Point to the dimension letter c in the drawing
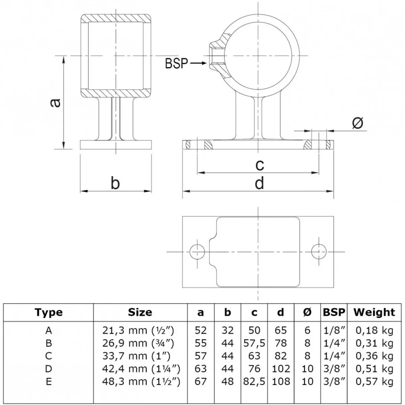tap(260, 165)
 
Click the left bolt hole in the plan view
tap(197, 251)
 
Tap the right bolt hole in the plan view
tap(319, 251)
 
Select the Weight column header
tap(374, 312)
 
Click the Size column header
tap(140, 312)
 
